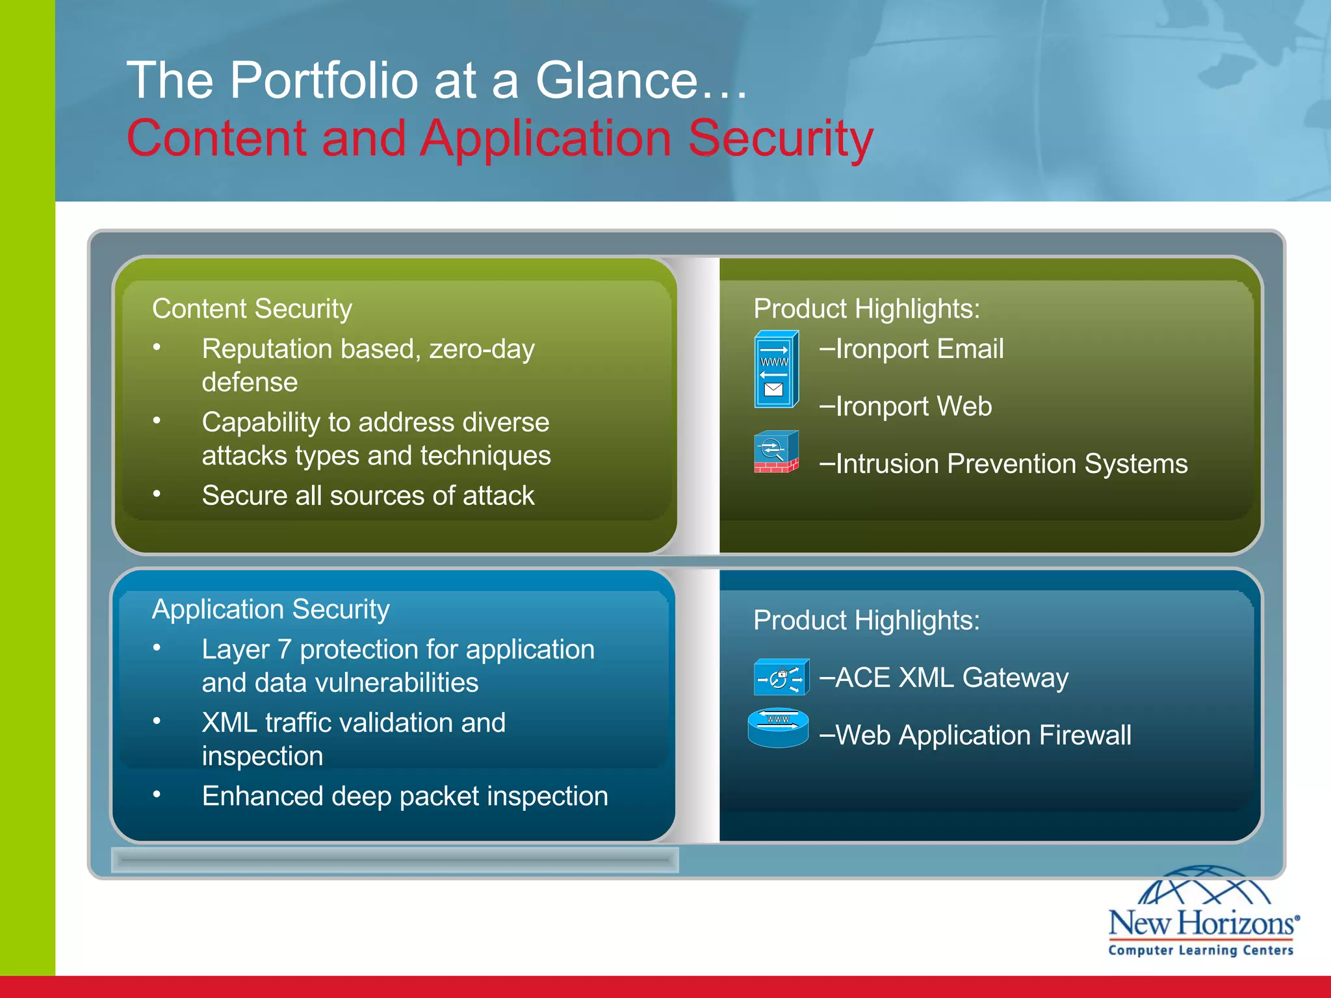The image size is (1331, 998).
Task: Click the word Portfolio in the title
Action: point(324,81)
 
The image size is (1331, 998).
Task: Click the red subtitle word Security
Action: point(780,138)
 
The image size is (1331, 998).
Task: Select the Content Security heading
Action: point(252,309)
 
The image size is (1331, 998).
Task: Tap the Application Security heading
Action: point(270,609)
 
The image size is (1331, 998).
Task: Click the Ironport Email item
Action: point(912,349)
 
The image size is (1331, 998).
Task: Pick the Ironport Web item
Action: point(906,407)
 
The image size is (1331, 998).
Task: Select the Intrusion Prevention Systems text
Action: point(1003,464)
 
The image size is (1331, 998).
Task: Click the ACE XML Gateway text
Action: point(944,678)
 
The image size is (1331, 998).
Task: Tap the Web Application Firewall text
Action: point(975,736)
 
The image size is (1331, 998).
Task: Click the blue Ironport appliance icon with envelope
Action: point(776,370)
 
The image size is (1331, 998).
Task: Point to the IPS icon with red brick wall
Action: point(776,452)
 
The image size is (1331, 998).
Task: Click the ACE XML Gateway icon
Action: point(781,677)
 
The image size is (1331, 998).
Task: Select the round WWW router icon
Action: point(778,727)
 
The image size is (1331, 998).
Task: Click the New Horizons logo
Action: point(1202,913)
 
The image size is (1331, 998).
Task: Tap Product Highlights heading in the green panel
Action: point(866,309)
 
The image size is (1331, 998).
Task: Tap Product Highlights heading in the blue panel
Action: point(866,621)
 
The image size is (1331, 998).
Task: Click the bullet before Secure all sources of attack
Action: point(157,494)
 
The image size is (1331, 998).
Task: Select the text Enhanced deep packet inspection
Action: point(405,797)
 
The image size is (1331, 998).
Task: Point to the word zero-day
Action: point(482,350)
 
